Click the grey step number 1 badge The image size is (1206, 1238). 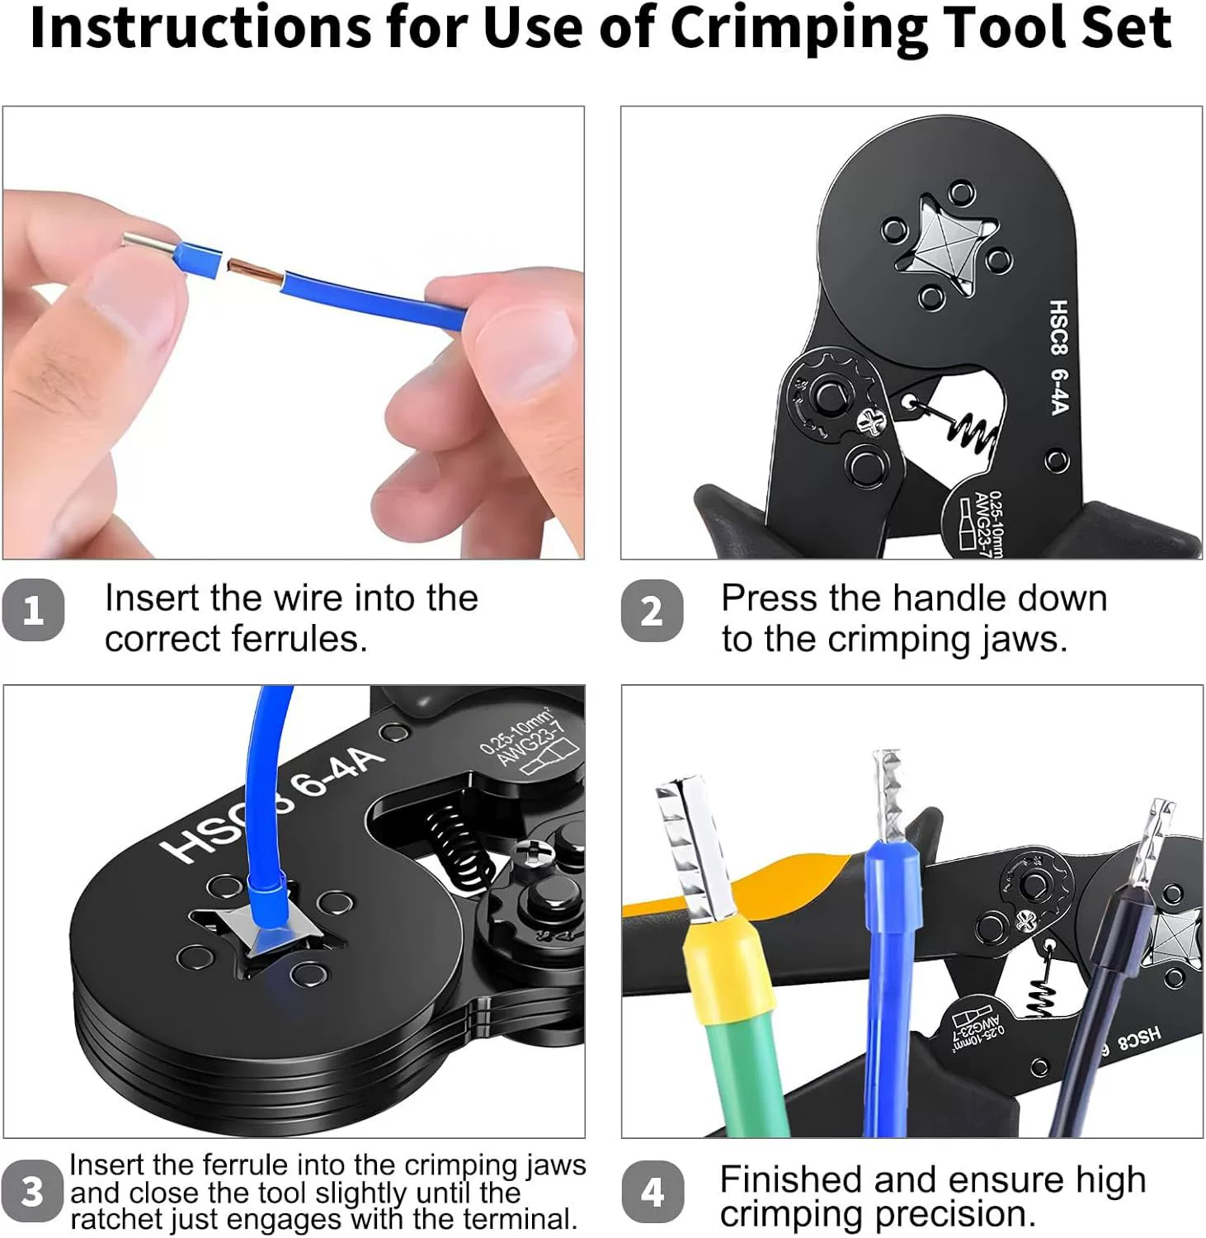click(33, 611)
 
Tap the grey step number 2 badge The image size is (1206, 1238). click(652, 611)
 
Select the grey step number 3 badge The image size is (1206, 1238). click(32, 1192)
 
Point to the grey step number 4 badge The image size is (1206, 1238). click(652, 1192)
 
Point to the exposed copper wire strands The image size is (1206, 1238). click(255, 268)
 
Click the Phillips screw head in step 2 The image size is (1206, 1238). click(869, 422)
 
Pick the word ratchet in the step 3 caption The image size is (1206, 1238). click(116, 1219)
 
